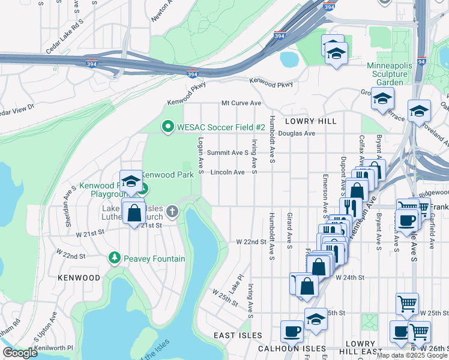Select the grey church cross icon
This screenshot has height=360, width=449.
pyautogui.click(x=172, y=211)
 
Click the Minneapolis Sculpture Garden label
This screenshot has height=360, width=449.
pyautogui.click(x=394, y=73)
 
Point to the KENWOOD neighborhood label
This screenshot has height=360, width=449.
pyautogui.click(x=79, y=278)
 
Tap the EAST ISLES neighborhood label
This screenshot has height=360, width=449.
pyautogui.click(x=238, y=335)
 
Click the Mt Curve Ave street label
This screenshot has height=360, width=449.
pyautogui.click(x=241, y=103)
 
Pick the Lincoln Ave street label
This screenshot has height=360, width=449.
pyautogui.click(x=228, y=172)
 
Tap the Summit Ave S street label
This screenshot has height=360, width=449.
pyautogui.click(x=228, y=153)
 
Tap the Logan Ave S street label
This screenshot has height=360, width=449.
pyautogui.click(x=199, y=153)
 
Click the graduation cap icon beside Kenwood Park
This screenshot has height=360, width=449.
pyautogui.click(x=131, y=181)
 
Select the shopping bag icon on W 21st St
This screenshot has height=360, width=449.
pyautogui.click(x=134, y=212)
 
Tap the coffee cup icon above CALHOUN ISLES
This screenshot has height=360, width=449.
pyautogui.click(x=292, y=331)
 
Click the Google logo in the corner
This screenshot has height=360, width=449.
pyautogui.click(x=20, y=353)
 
